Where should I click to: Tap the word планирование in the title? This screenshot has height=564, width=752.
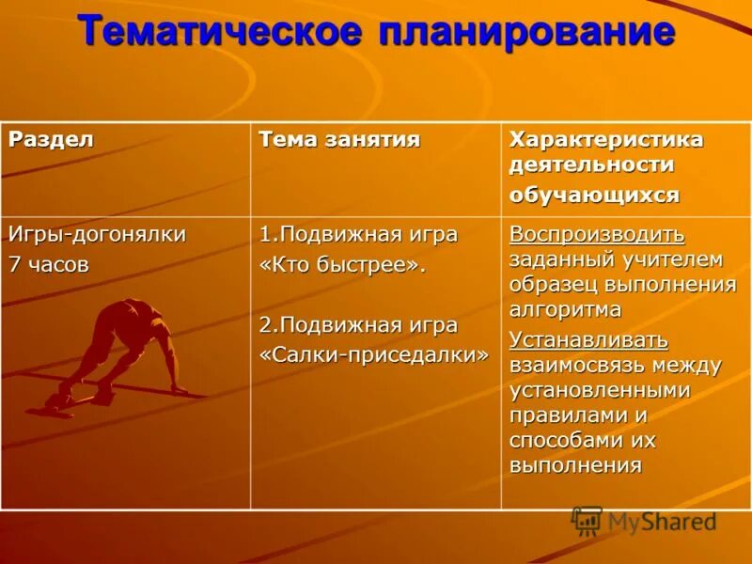point(526,31)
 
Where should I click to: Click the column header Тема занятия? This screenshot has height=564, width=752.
point(339,140)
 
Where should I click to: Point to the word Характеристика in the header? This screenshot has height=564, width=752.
point(606,139)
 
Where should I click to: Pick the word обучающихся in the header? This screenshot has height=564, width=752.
point(594,195)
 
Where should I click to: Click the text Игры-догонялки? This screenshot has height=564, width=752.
point(98,234)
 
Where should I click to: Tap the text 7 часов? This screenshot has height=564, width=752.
point(49,264)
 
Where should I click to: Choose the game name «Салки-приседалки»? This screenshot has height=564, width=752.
point(374,353)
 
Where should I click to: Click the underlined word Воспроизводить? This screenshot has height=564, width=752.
point(597,234)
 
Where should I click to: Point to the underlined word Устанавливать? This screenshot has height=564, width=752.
point(588,339)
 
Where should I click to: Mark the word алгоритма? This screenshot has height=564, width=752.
point(565,309)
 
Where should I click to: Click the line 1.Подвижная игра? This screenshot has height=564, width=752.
point(358,234)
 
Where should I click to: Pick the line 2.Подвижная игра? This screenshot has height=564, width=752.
point(358,325)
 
